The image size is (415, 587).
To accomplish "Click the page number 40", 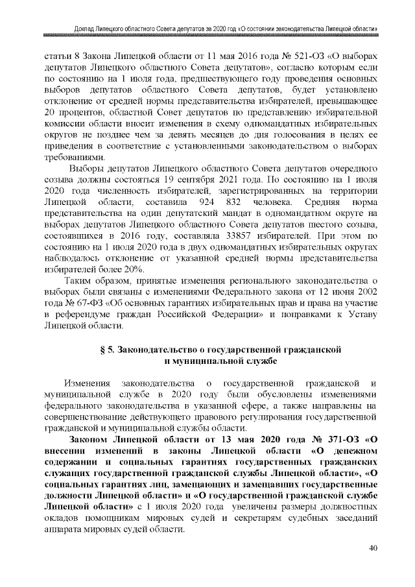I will tap(373, 548).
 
